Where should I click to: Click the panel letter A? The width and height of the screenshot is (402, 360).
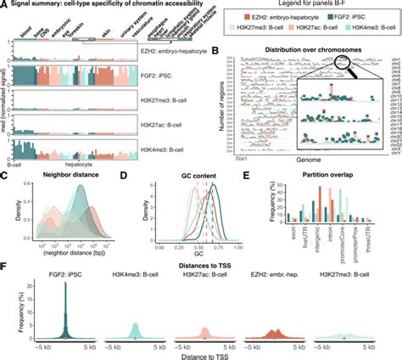point(4,5)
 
